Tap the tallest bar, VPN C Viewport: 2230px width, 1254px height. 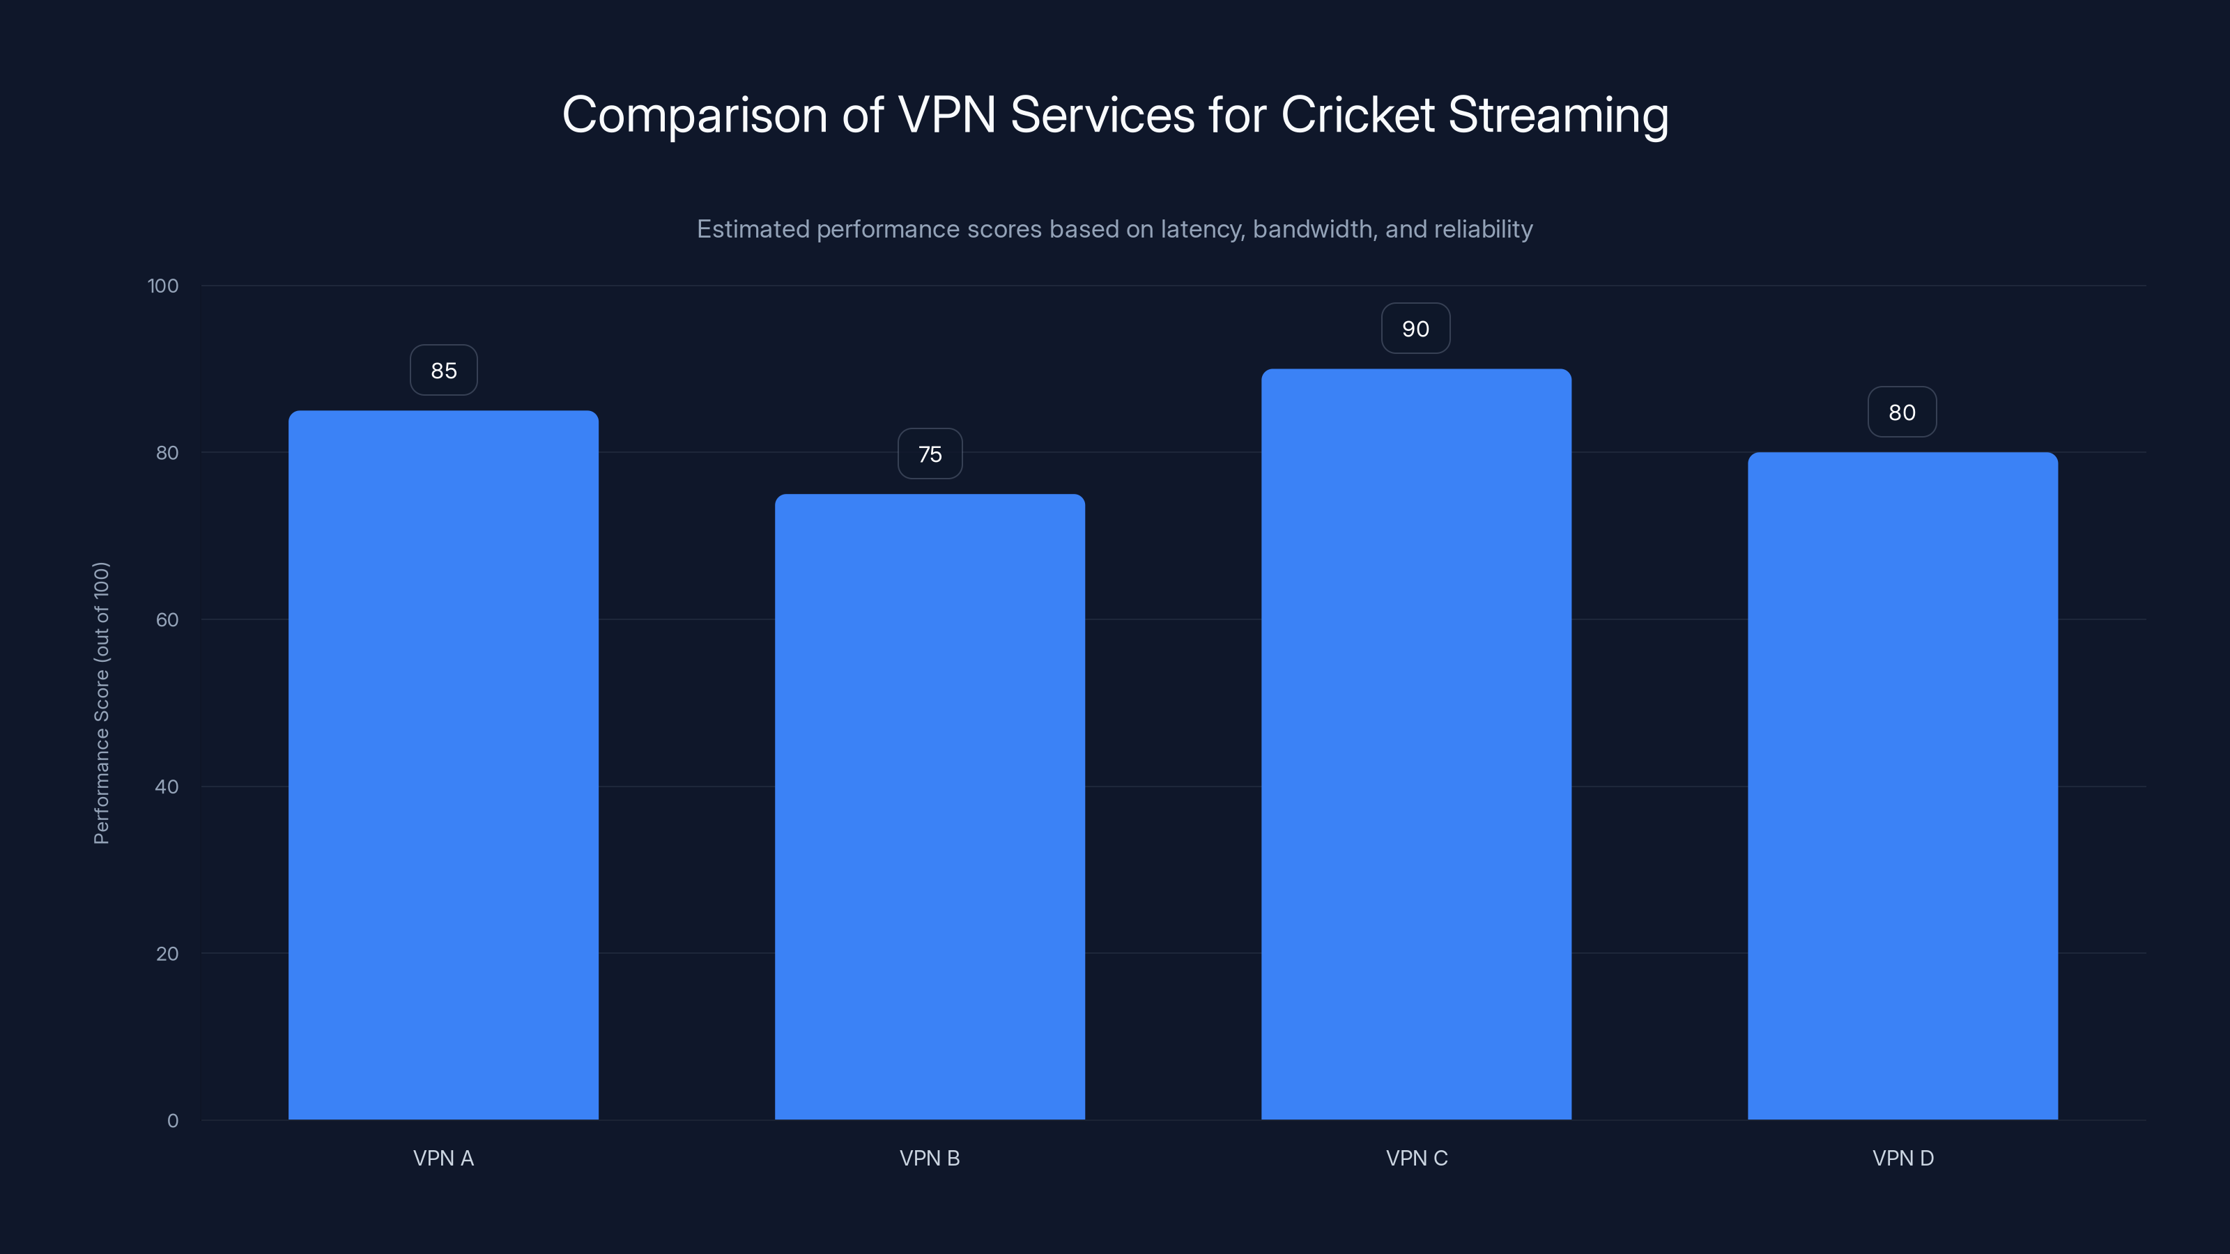(1416, 744)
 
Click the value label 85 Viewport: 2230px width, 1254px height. (443, 371)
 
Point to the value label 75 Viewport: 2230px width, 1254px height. (930, 454)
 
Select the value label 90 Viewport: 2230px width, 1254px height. (1415, 329)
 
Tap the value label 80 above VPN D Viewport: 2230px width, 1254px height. (1902, 413)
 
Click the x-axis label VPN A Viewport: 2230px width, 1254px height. (443, 1158)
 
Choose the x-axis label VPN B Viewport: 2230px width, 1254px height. (930, 1158)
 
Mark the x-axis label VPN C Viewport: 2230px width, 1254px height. (1416, 1158)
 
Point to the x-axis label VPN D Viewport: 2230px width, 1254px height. (1902, 1158)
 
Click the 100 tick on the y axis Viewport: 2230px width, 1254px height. (163, 286)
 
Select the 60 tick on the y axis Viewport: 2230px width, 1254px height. (167, 619)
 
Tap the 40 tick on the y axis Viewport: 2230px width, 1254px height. (167, 787)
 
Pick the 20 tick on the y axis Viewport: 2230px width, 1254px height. (167, 954)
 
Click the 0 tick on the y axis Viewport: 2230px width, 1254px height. (173, 1121)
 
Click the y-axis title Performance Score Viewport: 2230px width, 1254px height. (101, 703)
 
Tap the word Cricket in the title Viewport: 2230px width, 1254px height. (1358, 115)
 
